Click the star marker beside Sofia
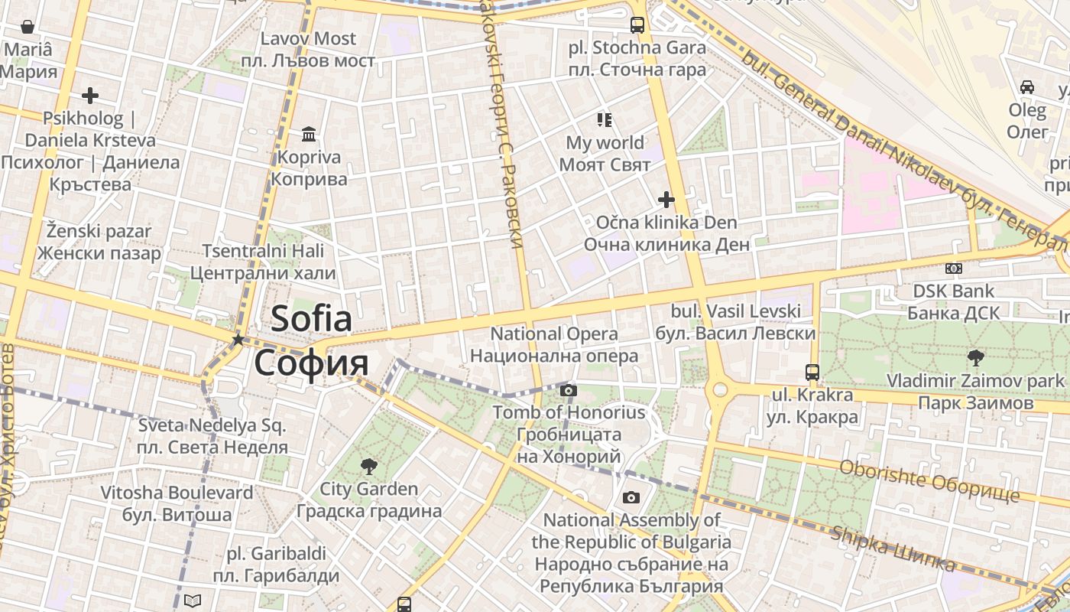[238, 339]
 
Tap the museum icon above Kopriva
[309, 135]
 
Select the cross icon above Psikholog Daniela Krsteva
[90, 96]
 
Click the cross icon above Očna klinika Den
[666, 200]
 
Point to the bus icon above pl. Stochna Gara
[637, 25]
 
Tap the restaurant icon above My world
[605, 119]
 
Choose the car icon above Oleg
[1027, 87]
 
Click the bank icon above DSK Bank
[953, 269]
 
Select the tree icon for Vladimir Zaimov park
[975, 357]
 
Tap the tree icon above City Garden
[369, 466]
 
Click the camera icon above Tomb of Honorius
[568, 391]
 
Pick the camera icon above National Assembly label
[631, 498]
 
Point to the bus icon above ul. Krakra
[812, 373]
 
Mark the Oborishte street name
[929, 480]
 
